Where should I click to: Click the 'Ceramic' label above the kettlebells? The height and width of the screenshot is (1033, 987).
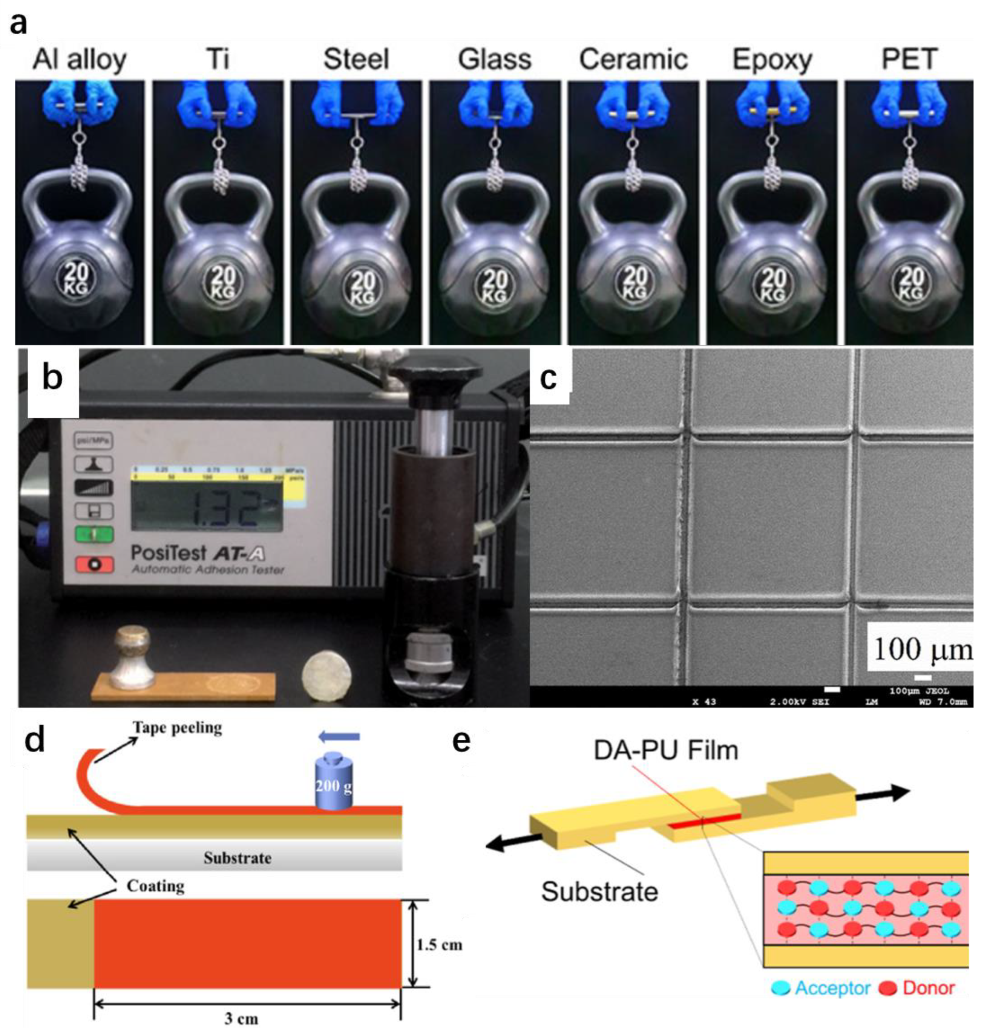[x=633, y=59]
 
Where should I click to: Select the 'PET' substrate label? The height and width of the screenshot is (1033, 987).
[x=909, y=59]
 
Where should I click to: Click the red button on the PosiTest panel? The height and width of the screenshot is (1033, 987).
[x=94, y=564]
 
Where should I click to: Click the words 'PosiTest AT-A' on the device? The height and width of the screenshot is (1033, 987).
[x=197, y=553]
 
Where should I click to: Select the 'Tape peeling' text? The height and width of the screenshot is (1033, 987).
[x=177, y=728]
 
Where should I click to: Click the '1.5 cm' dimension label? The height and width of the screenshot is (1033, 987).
[x=439, y=945]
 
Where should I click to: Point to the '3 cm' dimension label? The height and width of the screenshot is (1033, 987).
[x=242, y=1019]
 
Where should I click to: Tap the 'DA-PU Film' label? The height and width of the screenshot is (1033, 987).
[x=665, y=750]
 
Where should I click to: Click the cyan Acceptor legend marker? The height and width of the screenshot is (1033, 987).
[x=780, y=988]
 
